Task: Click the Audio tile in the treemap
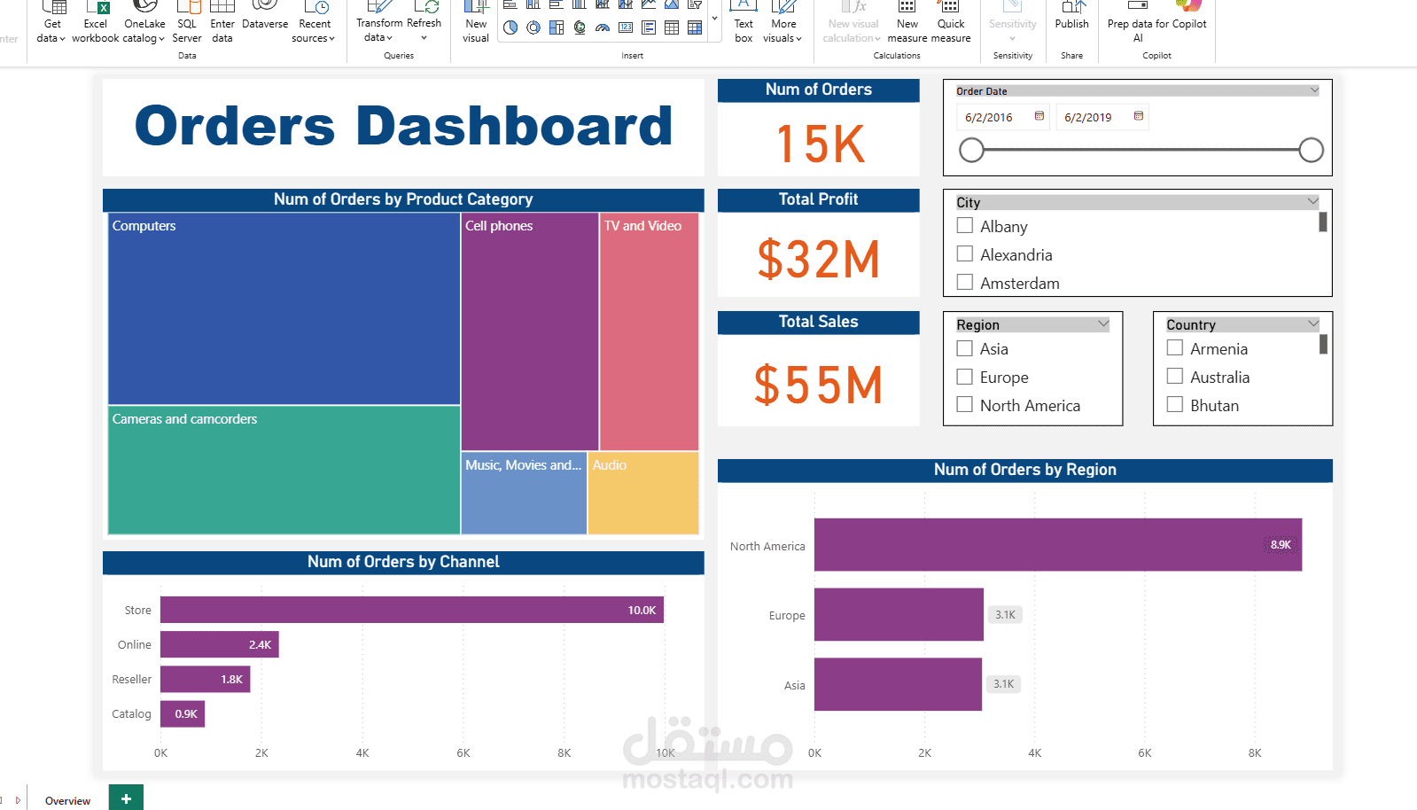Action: tap(642, 493)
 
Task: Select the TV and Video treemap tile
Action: tap(649, 331)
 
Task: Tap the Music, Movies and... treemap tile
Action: tap(524, 493)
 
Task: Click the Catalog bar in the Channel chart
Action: tap(183, 714)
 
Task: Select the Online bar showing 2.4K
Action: tap(219, 645)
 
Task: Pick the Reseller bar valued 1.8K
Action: tap(205, 680)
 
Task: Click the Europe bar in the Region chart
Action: tap(899, 614)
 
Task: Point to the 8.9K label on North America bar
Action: tap(1280, 545)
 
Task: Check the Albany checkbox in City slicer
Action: tap(965, 226)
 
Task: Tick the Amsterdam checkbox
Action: tap(965, 283)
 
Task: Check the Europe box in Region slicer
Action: tap(965, 378)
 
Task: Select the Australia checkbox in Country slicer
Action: tap(1175, 377)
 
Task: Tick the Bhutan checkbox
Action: tap(1175, 405)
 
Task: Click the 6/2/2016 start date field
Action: tap(989, 117)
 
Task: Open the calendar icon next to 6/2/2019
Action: tap(1139, 116)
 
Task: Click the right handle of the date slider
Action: tap(1311, 151)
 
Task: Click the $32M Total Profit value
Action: tap(818, 259)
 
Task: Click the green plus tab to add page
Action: tap(126, 798)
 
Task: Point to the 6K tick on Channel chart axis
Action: tap(463, 753)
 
